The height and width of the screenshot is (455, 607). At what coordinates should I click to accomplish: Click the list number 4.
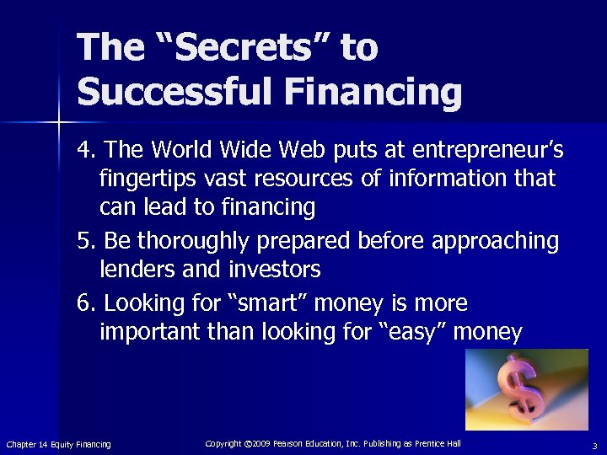84,150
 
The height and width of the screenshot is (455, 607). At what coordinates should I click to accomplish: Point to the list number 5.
84,241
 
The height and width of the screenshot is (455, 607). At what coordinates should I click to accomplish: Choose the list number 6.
84,303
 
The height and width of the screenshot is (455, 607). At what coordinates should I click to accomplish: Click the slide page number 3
594,445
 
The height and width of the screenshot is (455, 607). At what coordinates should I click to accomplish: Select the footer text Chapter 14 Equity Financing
58,444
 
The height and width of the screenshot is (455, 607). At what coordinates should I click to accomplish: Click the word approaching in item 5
495,242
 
